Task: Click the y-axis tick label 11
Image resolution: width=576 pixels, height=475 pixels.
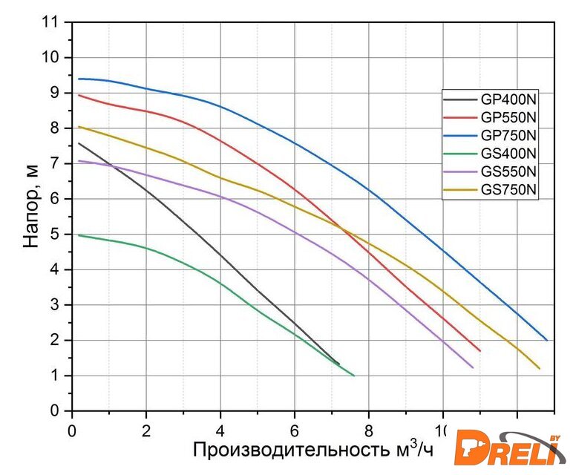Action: pyautogui.click(x=50, y=22)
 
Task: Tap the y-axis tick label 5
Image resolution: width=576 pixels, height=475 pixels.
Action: pyautogui.click(x=55, y=234)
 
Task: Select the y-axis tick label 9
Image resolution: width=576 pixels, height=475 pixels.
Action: pyautogui.click(x=55, y=93)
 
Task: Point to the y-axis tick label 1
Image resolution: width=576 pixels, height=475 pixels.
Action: pyautogui.click(x=55, y=376)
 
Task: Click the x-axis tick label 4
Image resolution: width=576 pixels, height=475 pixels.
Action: pyautogui.click(x=220, y=429)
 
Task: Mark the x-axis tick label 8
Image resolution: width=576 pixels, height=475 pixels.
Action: pyautogui.click(x=369, y=429)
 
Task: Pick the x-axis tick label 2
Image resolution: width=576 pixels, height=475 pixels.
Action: pyautogui.click(x=146, y=429)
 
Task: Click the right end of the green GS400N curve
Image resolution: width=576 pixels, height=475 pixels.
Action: pyautogui.click(x=354, y=376)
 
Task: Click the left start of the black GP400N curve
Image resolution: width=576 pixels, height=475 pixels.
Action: pyautogui.click(x=78, y=143)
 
